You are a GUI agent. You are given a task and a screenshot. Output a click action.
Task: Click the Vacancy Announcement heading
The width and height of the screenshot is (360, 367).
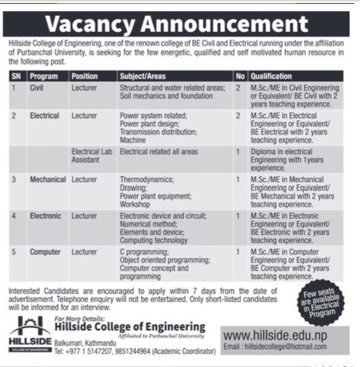pos(177,24)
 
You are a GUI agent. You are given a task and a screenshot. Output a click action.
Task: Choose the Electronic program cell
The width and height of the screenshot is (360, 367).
pos(45,216)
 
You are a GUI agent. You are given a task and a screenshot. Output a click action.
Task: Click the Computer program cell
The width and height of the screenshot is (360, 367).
pos(45,251)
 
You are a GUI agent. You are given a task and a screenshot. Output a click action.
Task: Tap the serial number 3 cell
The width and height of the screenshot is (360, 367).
pos(14,180)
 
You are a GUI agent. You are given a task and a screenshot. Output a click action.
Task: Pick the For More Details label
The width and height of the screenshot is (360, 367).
pos(79,319)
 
